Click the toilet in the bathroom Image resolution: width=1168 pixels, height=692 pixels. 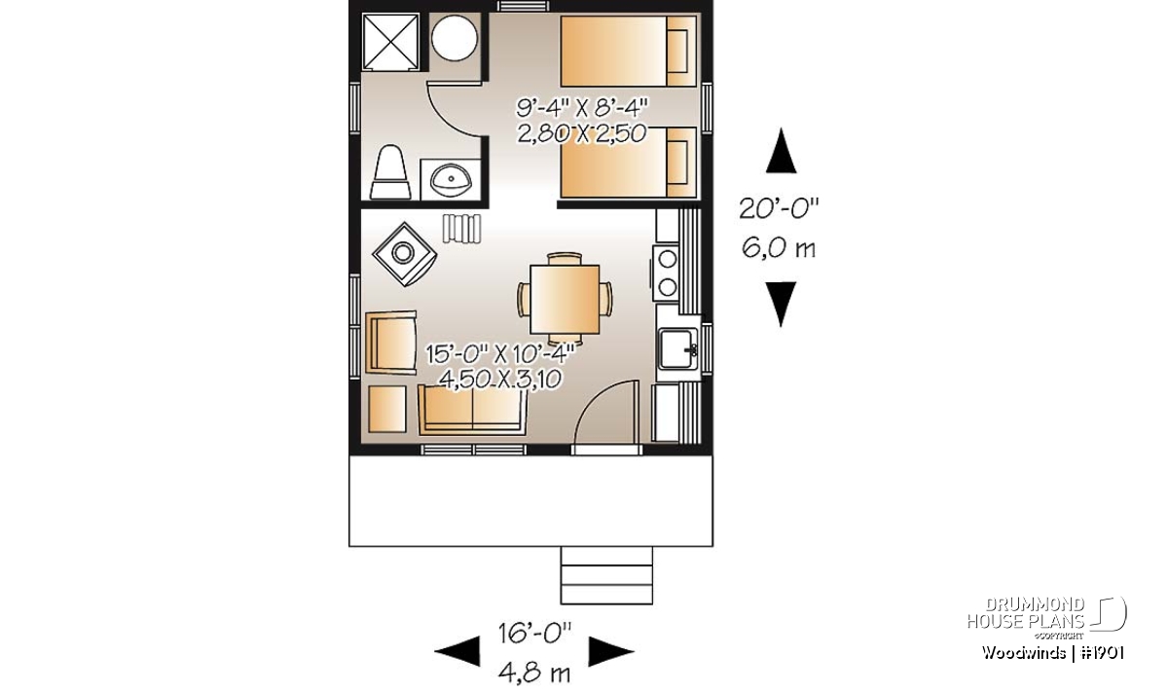(x=389, y=172)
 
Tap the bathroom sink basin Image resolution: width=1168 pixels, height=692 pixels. (x=451, y=179)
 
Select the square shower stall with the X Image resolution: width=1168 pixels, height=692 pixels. (x=391, y=42)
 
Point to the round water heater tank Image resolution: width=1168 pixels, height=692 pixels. (x=455, y=38)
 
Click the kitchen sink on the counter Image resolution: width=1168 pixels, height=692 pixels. (x=677, y=347)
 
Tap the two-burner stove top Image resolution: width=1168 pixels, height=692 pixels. (x=668, y=273)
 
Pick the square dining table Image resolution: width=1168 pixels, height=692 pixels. (x=565, y=299)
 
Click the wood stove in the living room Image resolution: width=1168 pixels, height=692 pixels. (x=404, y=254)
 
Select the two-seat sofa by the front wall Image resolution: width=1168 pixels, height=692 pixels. (x=472, y=412)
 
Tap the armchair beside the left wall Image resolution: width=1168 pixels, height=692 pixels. (x=391, y=343)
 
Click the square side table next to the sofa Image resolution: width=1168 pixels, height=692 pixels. (x=387, y=410)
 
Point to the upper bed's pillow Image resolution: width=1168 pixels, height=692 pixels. (x=676, y=52)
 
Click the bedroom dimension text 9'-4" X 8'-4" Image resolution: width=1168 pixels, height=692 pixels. (x=582, y=108)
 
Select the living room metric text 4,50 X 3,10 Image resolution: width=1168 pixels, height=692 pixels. (x=500, y=380)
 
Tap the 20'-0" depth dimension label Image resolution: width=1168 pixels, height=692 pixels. (x=779, y=208)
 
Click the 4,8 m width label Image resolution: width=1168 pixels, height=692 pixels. (x=534, y=674)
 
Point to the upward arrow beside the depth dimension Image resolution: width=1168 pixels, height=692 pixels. (x=781, y=151)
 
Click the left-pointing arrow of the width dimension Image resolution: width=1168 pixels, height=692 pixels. (x=457, y=651)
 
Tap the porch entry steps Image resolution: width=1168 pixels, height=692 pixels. (x=606, y=575)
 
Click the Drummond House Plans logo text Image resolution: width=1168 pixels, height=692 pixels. (x=1026, y=613)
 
